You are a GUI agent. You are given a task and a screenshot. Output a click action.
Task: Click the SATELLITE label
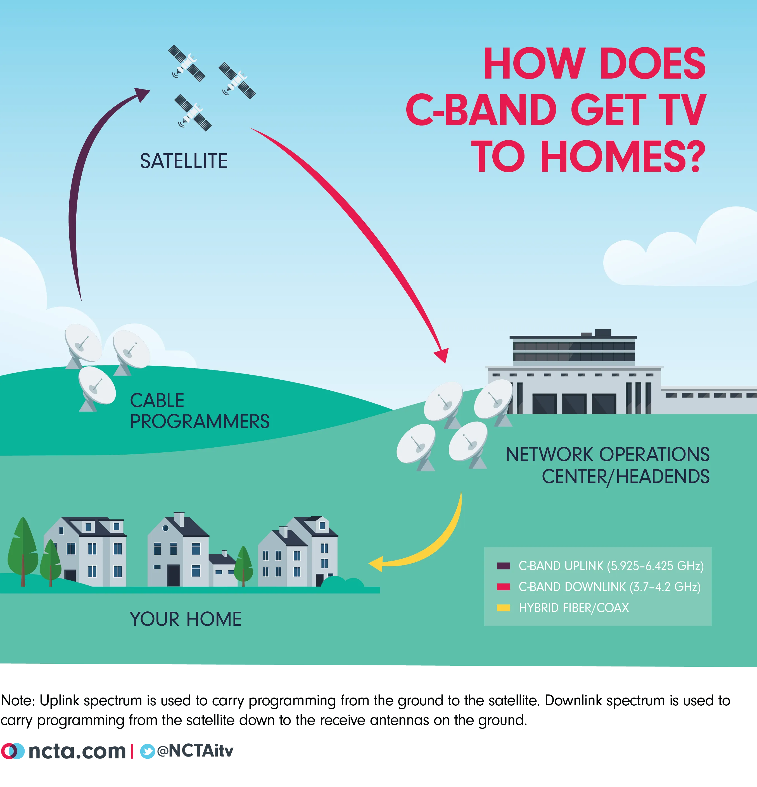[184, 161]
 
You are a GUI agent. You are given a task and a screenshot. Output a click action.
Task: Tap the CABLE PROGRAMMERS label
[200, 411]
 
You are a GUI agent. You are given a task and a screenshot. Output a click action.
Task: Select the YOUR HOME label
[186, 619]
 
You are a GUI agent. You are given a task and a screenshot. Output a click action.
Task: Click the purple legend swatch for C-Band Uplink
[503, 566]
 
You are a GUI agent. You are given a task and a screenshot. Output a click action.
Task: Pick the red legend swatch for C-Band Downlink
[503, 587]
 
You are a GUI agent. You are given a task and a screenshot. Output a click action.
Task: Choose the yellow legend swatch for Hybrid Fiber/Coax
[503, 608]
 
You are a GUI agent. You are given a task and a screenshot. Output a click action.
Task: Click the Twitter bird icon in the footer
[147, 751]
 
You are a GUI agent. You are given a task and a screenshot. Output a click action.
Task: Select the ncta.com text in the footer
[77, 751]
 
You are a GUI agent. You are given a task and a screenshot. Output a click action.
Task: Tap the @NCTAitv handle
[195, 750]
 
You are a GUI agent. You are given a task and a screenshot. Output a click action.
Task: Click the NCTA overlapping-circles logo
[13, 751]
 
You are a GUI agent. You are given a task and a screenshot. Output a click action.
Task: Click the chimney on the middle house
[179, 519]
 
